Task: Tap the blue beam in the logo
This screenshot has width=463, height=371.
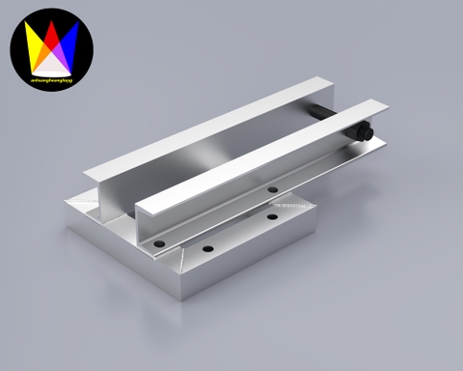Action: (68, 41)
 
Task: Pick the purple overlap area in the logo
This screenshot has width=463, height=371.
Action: (59, 50)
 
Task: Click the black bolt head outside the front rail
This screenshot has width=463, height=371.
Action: (364, 132)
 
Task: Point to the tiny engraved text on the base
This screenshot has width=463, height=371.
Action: (288, 204)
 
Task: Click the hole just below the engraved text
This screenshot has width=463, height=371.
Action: (273, 214)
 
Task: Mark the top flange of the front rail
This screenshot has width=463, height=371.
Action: (260, 150)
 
